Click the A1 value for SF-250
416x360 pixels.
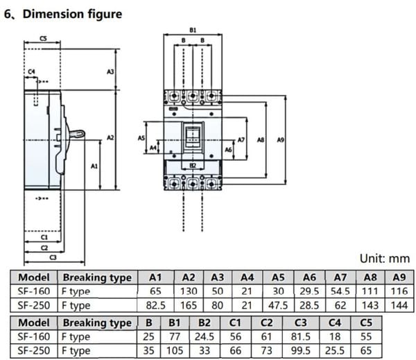tap(156, 305)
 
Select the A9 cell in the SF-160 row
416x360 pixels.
tap(399, 291)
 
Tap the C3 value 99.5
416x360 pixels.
tap(301, 351)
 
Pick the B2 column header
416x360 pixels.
tap(205, 323)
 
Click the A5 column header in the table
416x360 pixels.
tap(278, 277)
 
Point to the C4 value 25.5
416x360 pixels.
tap(335, 351)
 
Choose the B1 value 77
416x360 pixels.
tap(175, 336)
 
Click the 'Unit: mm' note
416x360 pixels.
tap(385, 258)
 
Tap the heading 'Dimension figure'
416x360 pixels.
tap(72, 14)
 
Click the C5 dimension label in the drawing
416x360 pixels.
tap(43, 38)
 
